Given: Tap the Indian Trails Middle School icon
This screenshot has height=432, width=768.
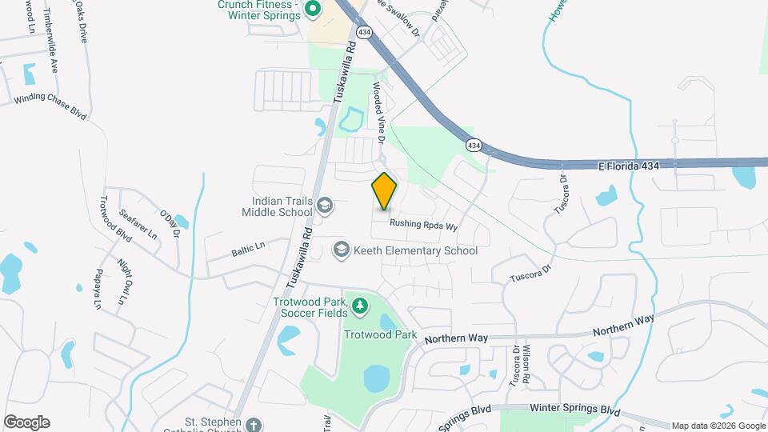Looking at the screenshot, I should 325,206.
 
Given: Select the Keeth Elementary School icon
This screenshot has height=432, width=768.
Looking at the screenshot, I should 342,250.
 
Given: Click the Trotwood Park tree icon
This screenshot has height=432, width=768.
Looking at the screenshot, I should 360,305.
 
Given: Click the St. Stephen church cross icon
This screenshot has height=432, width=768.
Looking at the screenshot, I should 254,424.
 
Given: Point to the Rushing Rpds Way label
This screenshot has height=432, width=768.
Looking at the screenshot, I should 423,226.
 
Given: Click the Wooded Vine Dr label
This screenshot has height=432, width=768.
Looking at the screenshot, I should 378,117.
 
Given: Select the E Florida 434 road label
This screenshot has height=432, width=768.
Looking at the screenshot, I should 631,165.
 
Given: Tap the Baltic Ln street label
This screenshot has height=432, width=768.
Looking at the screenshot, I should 249,250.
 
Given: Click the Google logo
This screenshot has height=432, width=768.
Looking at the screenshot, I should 26,422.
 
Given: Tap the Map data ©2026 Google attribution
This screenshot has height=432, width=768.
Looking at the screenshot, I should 718,426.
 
